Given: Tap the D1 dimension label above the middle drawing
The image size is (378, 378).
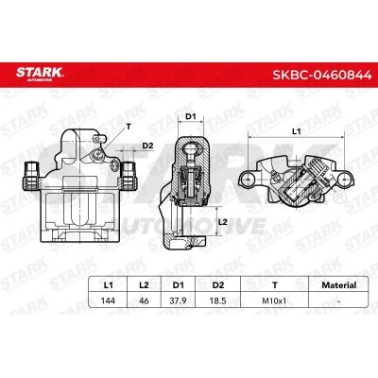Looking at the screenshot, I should coord(189,116).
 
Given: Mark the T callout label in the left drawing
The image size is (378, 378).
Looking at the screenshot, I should coord(128,123).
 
